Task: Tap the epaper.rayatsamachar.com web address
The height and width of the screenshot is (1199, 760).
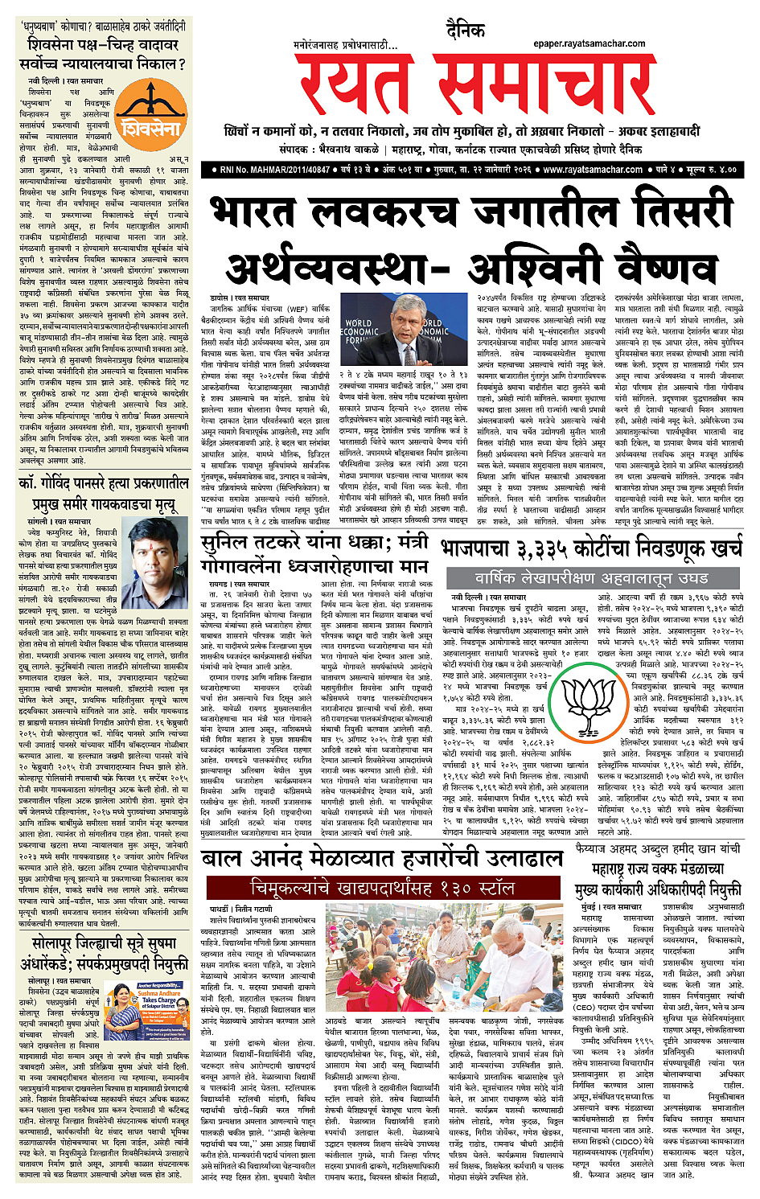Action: [589, 43]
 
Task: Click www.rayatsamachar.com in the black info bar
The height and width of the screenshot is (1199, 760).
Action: [593, 170]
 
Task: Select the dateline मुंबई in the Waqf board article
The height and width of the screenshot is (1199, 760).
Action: [587, 906]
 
